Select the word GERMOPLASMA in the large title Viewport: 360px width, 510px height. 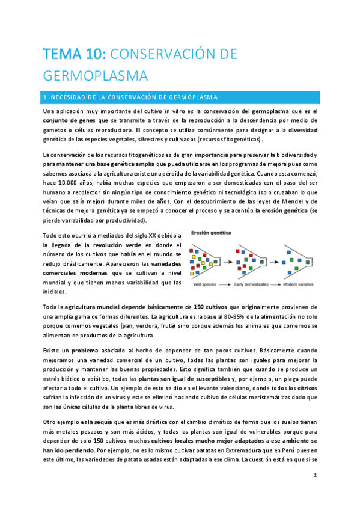[96, 76]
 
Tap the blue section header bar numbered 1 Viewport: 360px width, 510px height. [180, 97]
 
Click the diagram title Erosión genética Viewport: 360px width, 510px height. [211, 232]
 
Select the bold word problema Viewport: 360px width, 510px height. [88, 349]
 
